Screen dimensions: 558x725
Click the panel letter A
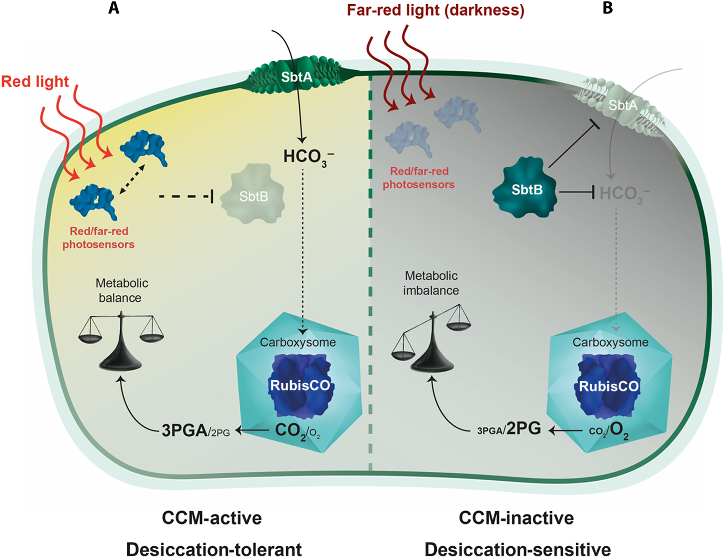point(114,8)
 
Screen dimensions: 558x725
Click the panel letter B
point(608,8)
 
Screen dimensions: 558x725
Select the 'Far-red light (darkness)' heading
point(435,10)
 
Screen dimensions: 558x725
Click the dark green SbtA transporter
point(296,77)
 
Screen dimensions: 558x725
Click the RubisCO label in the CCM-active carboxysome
point(300,385)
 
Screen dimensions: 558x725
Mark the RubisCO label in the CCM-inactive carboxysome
point(609,386)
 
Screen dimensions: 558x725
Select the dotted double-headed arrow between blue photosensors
point(132,179)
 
